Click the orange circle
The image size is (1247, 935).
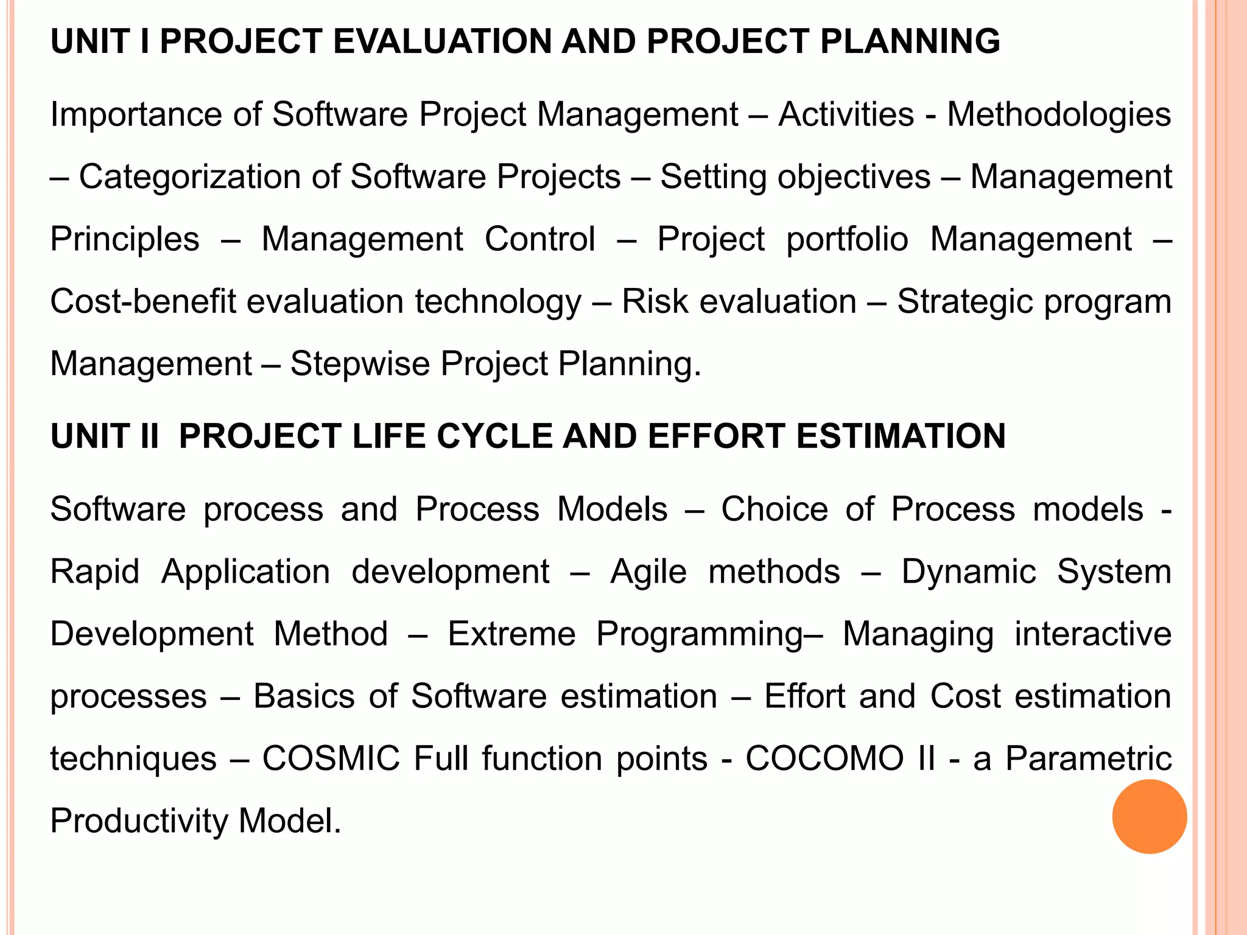pos(1149,816)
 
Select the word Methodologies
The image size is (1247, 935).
pos(1059,114)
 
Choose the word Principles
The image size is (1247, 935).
pos(125,239)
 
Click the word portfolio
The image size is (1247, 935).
pos(847,239)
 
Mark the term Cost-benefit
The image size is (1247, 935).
pos(142,302)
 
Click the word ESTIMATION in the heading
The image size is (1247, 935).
pos(901,436)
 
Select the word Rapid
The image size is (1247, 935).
pos(95,572)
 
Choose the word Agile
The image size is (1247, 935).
pos(648,572)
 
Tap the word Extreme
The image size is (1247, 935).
pos(511,634)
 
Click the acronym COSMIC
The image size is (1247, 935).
pos(331,759)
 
